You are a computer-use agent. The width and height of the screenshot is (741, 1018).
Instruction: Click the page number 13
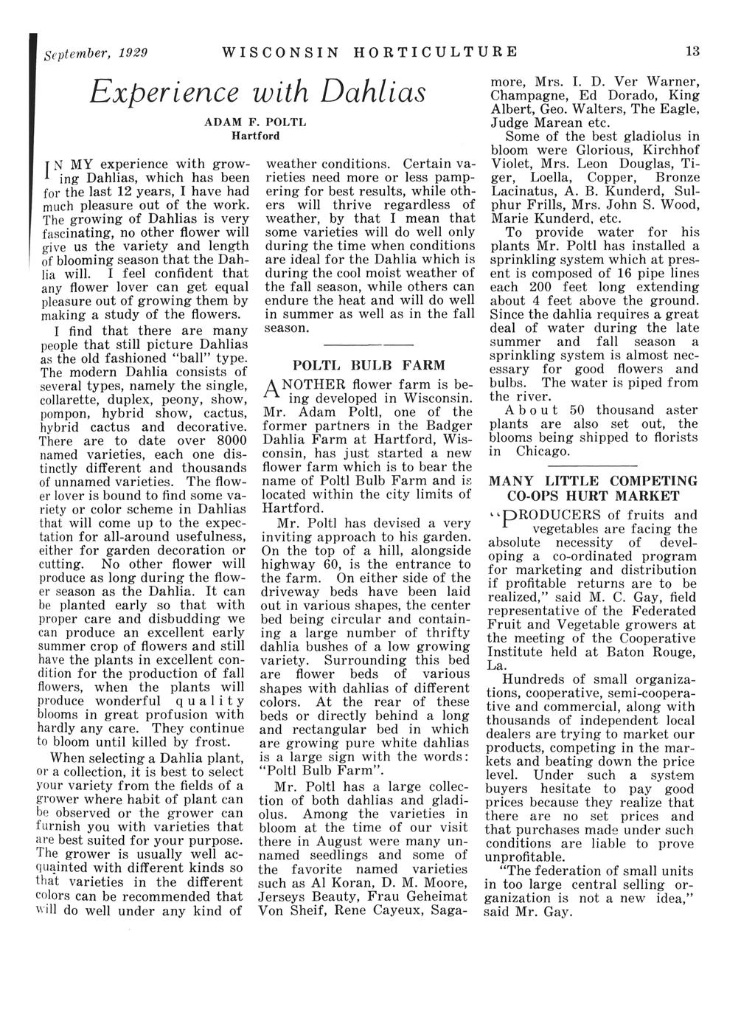(692, 52)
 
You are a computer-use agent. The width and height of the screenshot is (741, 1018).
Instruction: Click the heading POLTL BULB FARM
(369, 364)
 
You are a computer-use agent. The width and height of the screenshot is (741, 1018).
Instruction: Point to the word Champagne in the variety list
(528, 95)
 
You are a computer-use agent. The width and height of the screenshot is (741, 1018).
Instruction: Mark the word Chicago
(543, 451)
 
